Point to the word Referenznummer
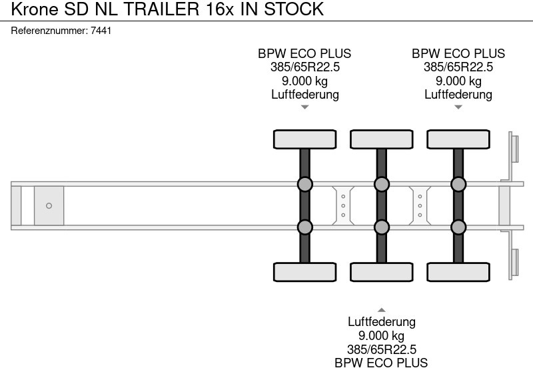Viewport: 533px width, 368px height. (49, 31)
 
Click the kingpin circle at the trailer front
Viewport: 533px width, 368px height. (49, 206)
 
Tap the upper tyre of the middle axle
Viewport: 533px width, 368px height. (381, 139)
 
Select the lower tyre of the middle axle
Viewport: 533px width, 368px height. (381, 272)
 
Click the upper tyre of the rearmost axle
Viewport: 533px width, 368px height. (458, 139)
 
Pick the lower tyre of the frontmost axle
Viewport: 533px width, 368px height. (304, 272)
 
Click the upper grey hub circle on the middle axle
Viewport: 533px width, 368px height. (381, 184)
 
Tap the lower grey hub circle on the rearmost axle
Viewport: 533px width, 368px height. (458, 227)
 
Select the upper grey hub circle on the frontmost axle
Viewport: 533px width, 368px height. (304, 184)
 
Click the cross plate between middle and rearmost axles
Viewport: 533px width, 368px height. (420, 205)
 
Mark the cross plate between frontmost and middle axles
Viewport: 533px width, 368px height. (342, 205)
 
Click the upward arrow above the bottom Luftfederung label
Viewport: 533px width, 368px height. (381, 309)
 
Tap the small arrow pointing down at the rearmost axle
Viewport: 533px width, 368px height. (458, 107)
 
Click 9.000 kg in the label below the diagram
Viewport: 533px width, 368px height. (381, 335)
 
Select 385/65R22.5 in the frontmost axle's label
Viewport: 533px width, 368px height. (304, 67)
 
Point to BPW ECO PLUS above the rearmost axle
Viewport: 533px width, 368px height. (458, 54)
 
